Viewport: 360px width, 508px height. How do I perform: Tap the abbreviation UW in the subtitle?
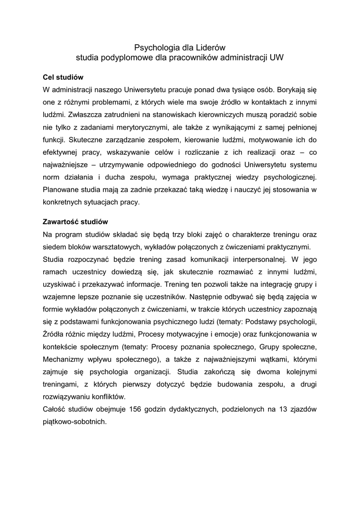coord(276,58)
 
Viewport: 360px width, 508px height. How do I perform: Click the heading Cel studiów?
coord(63,77)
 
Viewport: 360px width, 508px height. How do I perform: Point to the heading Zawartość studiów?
coord(75,221)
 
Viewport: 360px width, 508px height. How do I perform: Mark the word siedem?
coord(54,247)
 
